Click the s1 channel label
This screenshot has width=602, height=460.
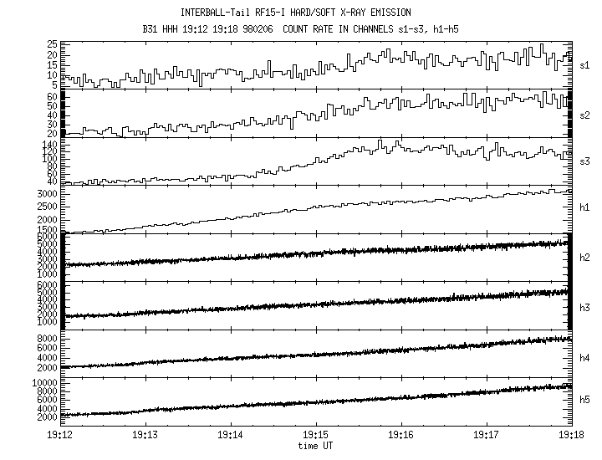pos(585,64)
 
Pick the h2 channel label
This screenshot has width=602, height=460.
pos(585,258)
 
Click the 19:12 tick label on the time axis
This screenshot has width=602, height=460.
pos(60,437)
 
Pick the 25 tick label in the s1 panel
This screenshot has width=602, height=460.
pos(51,43)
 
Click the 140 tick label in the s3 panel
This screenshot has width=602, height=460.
pos(48,145)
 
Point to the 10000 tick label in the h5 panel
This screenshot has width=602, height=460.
pos(42,381)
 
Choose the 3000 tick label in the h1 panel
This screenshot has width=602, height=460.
pos(45,193)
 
